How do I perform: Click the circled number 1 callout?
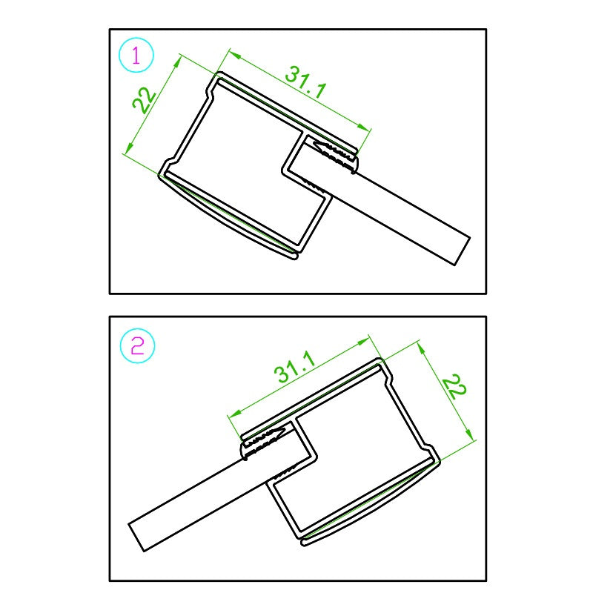pos(136,55)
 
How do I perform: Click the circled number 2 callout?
pos(137,345)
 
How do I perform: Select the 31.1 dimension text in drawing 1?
pos(305,82)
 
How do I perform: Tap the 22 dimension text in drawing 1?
pos(144,100)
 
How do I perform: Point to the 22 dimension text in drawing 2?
pos(454,387)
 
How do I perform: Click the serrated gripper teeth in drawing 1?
pos(336,154)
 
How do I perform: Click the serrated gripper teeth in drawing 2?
pos(263,440)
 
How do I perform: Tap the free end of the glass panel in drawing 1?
pos(462,251)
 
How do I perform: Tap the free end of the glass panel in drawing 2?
pos(136,537)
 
